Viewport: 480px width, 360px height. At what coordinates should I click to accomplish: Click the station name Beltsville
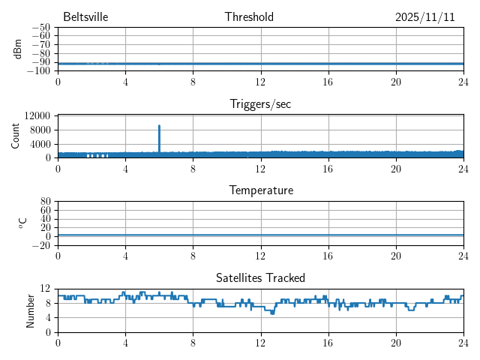coord(85,17)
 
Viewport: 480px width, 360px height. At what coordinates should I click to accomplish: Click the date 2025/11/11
coord(425,17)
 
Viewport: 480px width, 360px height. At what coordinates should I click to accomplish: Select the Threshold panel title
coord(249,17)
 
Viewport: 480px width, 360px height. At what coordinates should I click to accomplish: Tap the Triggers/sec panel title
coord(260,104)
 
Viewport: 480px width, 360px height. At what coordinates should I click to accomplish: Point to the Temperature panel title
coord(260,190)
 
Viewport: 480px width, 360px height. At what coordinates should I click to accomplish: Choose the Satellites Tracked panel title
coord(260,277)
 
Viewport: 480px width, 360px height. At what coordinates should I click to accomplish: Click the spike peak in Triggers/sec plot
coord(159,126)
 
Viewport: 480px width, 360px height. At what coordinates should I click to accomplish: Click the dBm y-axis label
coord(18,49)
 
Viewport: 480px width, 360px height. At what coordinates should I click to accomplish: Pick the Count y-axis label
coord(16,136)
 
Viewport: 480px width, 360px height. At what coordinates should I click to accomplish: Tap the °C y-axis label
coord(22,223)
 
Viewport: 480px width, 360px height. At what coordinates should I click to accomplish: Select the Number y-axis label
coord(31,310)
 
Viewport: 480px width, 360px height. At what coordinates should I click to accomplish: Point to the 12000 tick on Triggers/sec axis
coord(37,115)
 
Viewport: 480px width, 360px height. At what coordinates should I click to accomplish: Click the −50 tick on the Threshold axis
coord(41,28)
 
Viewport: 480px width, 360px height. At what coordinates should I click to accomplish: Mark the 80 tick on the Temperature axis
coord(46,202)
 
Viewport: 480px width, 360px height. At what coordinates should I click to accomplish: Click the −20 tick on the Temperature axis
coord(41,245)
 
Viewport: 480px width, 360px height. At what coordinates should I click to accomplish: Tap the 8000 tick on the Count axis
coord(40,130)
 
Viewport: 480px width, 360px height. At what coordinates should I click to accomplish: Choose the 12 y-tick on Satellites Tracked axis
coord(46,289)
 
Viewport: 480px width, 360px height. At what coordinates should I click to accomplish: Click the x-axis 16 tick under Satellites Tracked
coord(328,342)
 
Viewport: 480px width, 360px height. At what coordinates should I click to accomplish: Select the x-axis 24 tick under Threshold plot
coord(463,82)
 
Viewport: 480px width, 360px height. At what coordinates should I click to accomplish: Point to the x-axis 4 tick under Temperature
coord(125,256)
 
